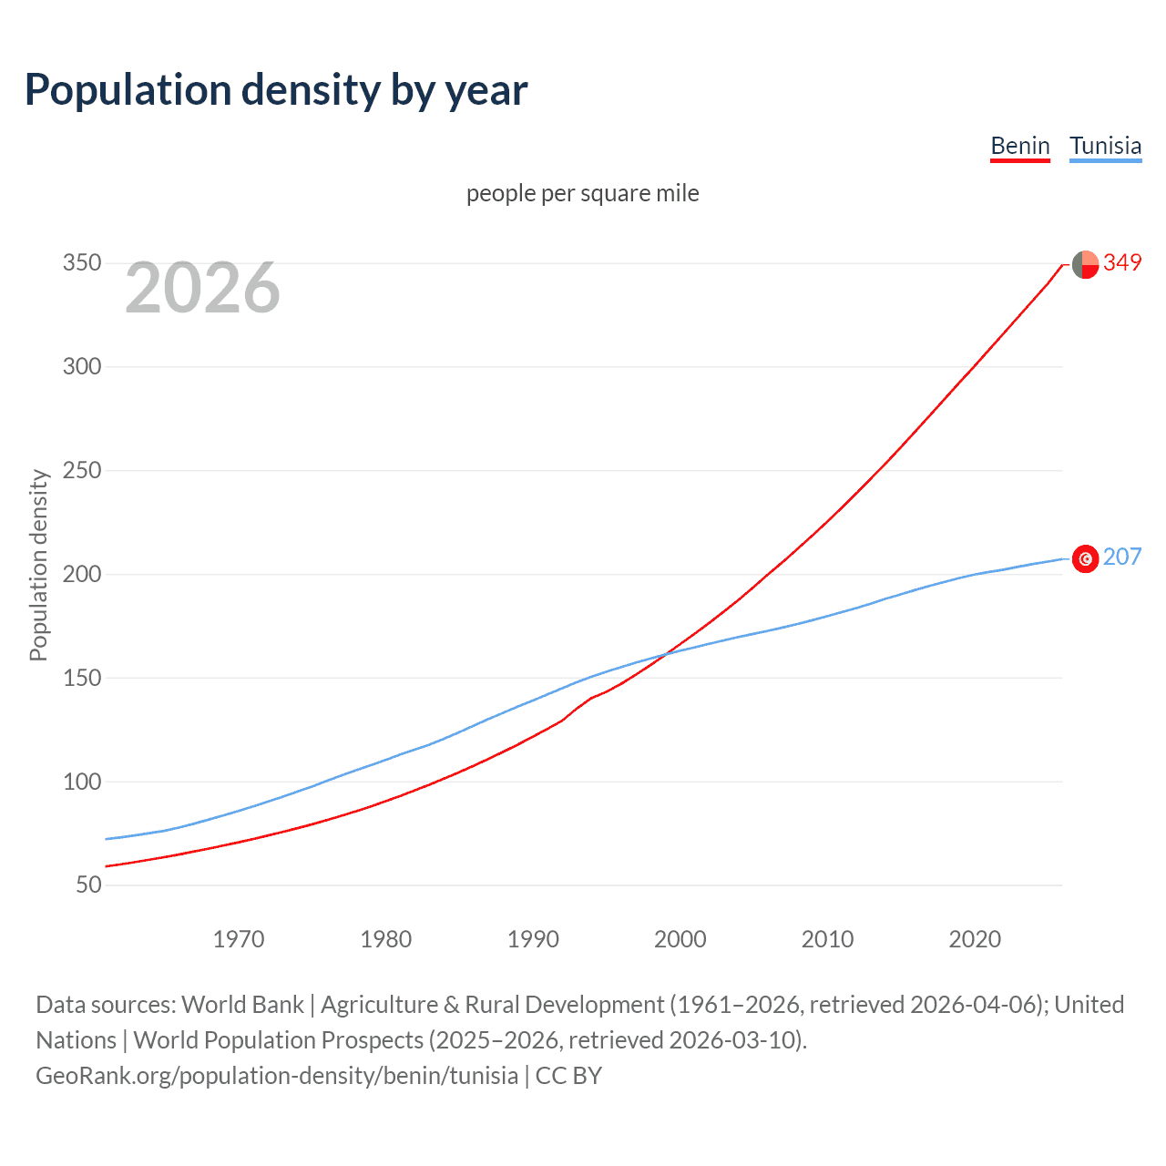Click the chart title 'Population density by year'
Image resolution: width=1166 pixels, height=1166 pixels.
pyautogui.click(x=276, y=90)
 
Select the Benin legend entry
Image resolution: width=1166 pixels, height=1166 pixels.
pyautogui.click(x=1020, y=146)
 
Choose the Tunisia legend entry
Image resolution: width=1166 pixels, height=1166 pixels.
pyautogui.click(x=1105, y=146)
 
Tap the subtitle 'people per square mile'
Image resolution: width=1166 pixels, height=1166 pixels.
pyautogui.click(x=582, y=194)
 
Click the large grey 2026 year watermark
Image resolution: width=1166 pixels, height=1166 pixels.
pyautogui.click(x=202, y=288)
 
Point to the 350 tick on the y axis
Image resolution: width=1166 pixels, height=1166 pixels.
pyautogui.click(x=82, y=263)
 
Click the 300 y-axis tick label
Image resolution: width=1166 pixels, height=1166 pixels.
pyautogui.click(x=82, y=367)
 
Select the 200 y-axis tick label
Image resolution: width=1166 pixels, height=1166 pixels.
pyautogui.click(x=82, y=574)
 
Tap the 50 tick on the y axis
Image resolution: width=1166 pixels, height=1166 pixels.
pyautogui.click(x=88, y=885)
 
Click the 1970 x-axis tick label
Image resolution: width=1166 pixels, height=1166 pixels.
pyautogui.click(x=239, y=939)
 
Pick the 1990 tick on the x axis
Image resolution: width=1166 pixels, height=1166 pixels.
pyautogui.click(x=533, y=939)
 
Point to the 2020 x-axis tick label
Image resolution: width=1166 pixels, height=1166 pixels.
pyautogui.click(x=975, y=939)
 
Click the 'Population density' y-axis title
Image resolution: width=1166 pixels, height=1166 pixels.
pyautogui.click(x=38, y=565)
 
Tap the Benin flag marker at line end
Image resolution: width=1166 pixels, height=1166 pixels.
pyautogui.click(x=1085, y=264)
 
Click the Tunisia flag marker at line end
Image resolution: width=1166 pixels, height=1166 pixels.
pyautogui.click(x=1085, y=558)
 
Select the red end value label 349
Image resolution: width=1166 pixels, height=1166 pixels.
pyautogui.click(x=1122, y=263)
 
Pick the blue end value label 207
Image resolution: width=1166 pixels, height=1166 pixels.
pyautogui.click(x=1122, y=557)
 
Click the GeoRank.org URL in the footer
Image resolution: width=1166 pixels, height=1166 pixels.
pyautogui.click(x=277, y=1076)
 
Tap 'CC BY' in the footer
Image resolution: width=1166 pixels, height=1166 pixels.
pyautogui.click(x=568, y=1076)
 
